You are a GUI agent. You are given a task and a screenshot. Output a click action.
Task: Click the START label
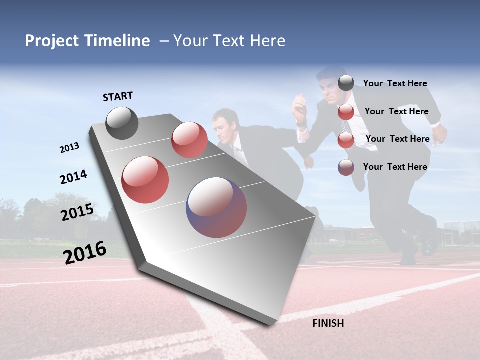(118, 96)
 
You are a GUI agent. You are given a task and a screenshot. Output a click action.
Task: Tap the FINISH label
(328, 323)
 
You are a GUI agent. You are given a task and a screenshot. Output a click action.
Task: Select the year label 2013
(69, 148)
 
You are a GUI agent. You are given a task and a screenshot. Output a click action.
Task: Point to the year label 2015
(77, 212)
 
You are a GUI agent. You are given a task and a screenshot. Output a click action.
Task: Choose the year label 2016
(85, 253)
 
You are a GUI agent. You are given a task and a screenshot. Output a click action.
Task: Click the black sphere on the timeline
(122, 123)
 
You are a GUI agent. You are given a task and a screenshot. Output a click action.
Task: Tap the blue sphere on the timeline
(216, 207)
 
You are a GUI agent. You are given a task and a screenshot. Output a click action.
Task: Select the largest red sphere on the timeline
(145, 180)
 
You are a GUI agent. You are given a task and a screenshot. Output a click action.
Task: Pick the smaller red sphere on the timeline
(189, 140)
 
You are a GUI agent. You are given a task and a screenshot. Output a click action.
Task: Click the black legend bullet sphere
(346, 83)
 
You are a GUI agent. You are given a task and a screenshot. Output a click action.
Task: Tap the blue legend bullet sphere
(346, 167)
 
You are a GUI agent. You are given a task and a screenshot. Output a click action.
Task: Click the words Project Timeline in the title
(87, 41)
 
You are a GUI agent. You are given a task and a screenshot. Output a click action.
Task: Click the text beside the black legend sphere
(395, 83)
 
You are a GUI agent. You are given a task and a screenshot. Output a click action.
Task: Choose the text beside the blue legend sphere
(395, 167)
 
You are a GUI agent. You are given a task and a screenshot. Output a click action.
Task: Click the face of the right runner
(328, 89)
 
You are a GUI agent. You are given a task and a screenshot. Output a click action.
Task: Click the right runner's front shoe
(430, 241)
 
